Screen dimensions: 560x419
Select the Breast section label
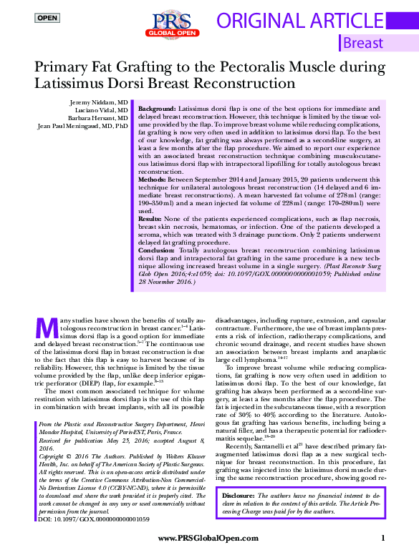point(363,43)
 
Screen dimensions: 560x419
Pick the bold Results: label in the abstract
point(151,217)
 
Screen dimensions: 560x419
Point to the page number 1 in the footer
point(384,538)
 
